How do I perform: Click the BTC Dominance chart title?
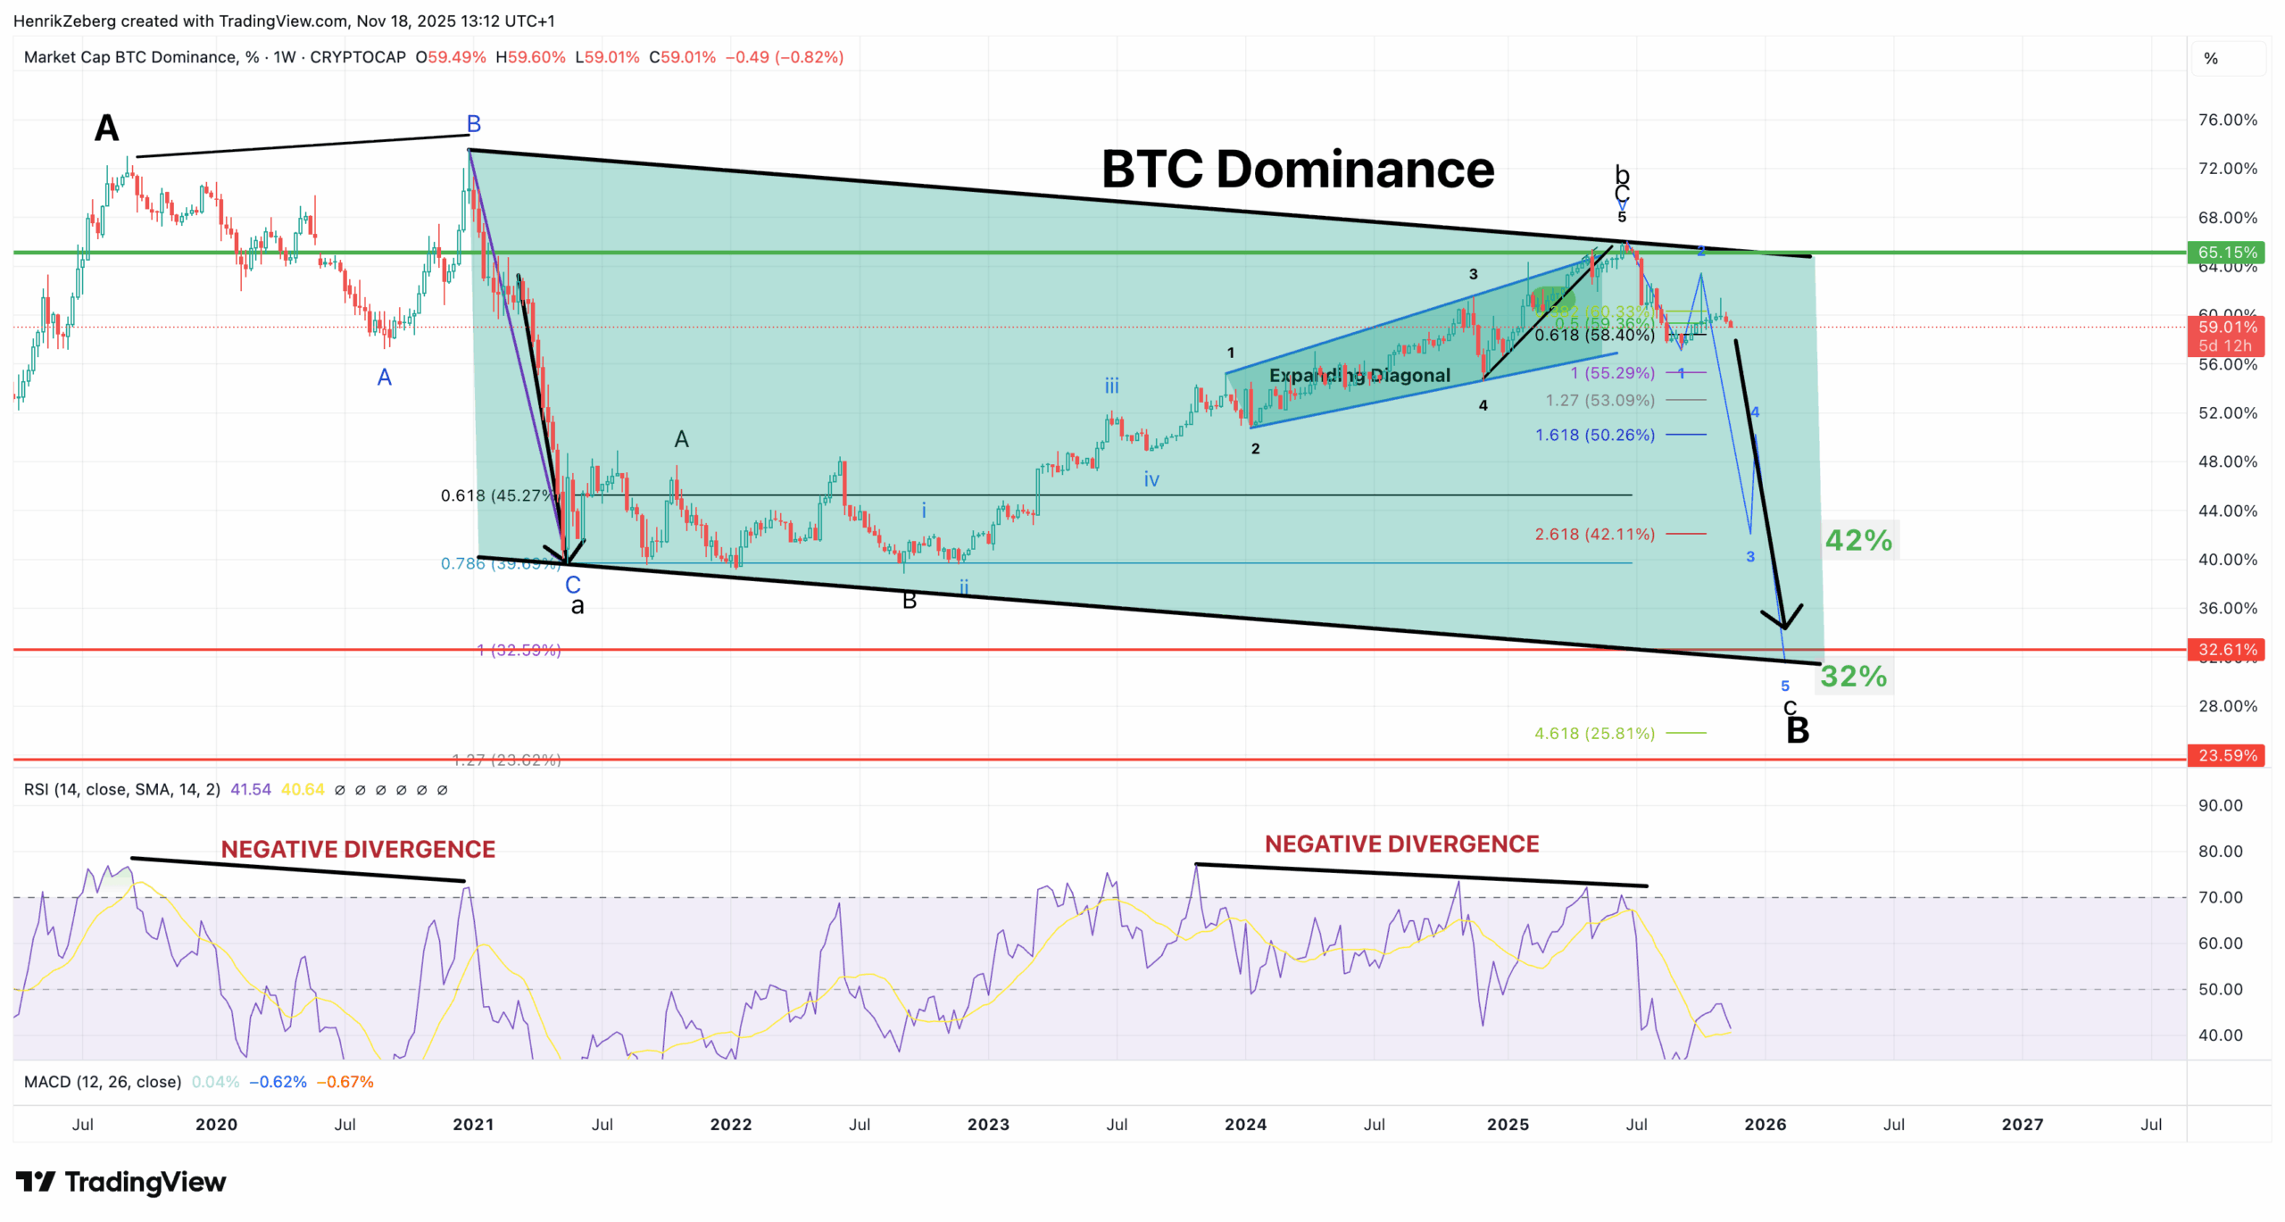[x=1297, y=169]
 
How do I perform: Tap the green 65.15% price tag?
[x=2227, y=253]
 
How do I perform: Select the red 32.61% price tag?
[x=2227, y=649]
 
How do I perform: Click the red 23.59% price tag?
[x=2227, y=755]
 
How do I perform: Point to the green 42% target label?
[x=1858, y=540]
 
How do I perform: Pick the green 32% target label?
[x=1854, y=676]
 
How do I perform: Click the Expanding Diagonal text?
[x=1359, y=375]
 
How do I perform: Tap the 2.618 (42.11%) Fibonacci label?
[x=1594, y=534]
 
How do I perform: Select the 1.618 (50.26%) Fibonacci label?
[x=1594, y=435]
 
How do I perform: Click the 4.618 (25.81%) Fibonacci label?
[x=1594, y=733]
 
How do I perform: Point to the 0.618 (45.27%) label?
[x=496, y=495]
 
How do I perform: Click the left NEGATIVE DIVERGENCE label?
[x=358, y=849]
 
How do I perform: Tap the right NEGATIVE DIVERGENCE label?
[x=1401, y=844]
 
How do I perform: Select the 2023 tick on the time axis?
[x=988, y=1124]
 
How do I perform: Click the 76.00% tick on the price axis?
[x=2227, y=120]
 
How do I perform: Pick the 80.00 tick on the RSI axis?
[x=2220, y=851]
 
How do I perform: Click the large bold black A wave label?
[x=107, y=128]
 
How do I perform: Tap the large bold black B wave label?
[x=1797, y=731]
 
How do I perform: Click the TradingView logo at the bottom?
[x=120, y=1182]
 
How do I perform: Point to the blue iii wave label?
[x=1111, y=386]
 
